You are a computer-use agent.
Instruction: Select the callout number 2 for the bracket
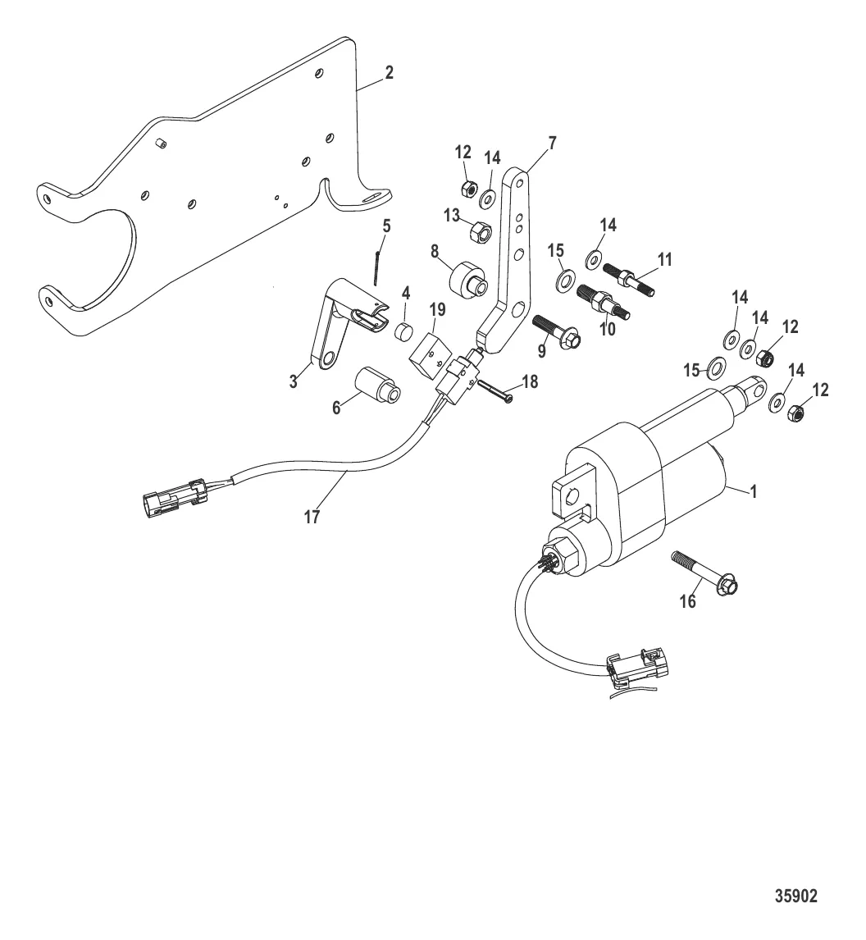pyautogui.click(x=389, y=72)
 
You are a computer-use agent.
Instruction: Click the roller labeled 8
pyautogui.click(x=466, y=281)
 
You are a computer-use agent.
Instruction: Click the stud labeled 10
pyautogui.click(x=607, y=300)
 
